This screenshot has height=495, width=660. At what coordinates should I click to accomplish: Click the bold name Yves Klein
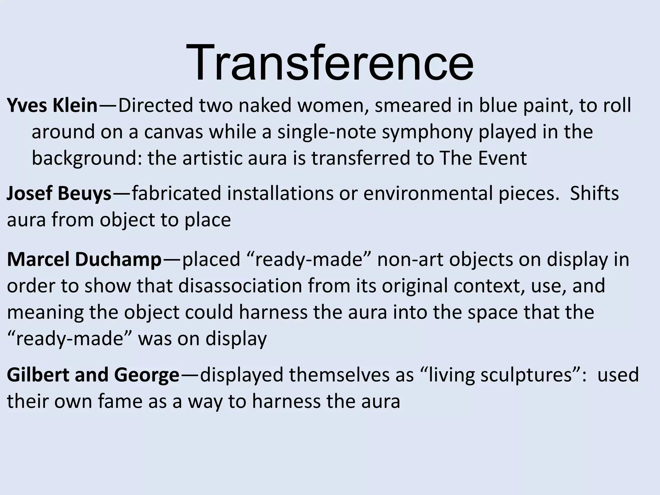tap(52, 105)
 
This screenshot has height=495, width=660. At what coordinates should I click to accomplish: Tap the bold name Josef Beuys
tap(59, 193)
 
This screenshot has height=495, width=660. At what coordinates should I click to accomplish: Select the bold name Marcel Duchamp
tap(84, 259)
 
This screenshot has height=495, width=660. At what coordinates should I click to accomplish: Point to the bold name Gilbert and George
tap(93, 375)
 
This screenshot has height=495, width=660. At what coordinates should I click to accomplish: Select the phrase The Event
tap(483, 158)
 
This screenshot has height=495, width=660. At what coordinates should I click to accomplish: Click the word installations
tap(280, 193)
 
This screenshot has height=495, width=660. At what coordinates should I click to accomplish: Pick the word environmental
tap(429, 193)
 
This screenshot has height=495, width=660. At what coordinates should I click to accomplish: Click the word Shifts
tap(594, 193)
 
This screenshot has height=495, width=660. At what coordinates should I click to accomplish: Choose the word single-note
tap(326, 132)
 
